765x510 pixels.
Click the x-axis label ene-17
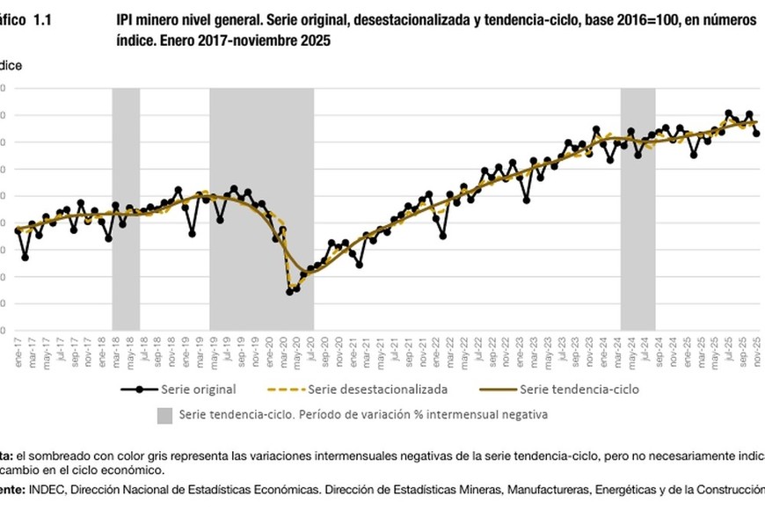pyautogui.click(x=18, y=347)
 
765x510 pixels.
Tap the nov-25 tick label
pyautogui.click(x=756, y=347)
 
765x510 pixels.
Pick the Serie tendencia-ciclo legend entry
pyautogui.click(x=579, y=388)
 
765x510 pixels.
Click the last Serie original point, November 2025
pyautogui.click(x=756, y=134)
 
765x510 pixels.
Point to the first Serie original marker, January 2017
pyautogui.click(x=18, y=229)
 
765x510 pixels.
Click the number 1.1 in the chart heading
pyautogui.click(x=40, y=20)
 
